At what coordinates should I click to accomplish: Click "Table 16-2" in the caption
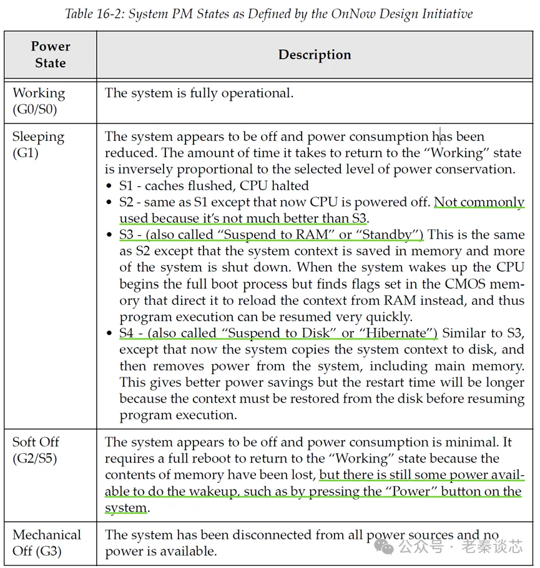[x=93, y=13]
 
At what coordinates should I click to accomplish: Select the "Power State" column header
[x=51, y=55]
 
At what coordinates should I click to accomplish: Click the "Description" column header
[x=315, y=55]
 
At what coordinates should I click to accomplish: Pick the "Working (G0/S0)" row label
[x=39, y=101]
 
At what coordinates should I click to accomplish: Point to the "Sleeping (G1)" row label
[x=38, y=144]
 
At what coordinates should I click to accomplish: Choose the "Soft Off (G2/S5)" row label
[x=36, y=450]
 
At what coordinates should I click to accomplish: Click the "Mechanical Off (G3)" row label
[x=47, y=543]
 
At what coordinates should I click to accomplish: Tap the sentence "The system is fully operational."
[x=199, y=94]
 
